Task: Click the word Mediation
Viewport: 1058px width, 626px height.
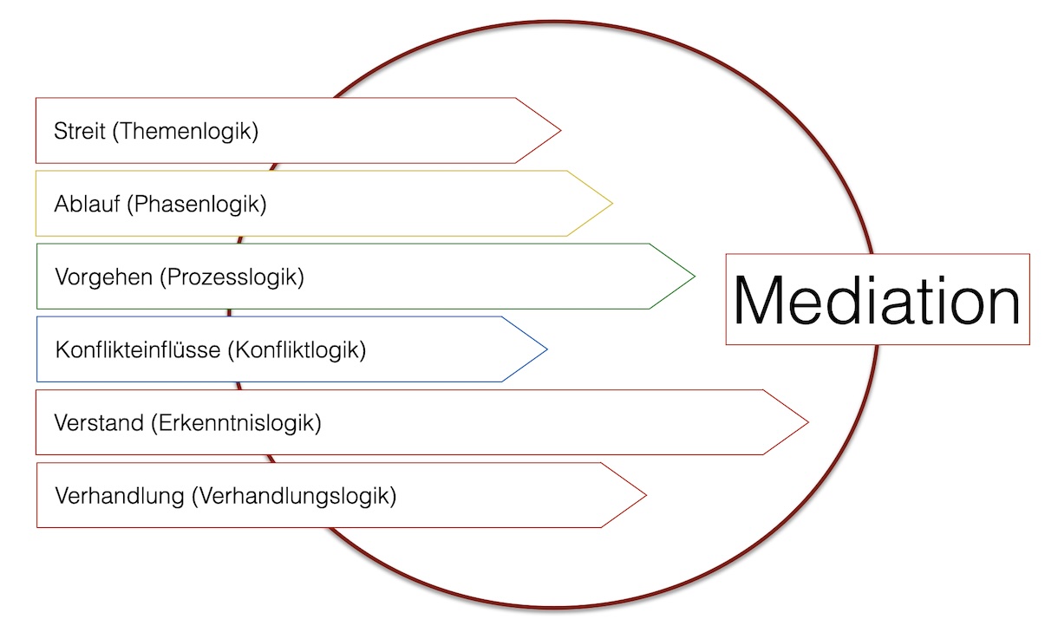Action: (877, 300)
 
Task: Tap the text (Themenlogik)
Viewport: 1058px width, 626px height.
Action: (186, 132)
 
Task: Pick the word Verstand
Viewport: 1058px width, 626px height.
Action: (98, 423)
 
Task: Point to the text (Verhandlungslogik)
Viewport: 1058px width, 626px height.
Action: (294, 497)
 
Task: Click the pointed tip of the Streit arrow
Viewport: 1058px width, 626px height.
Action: (559, 131)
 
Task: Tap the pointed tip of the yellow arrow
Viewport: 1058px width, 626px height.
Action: (611, 204)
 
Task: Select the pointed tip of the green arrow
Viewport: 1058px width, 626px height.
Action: (694, 277)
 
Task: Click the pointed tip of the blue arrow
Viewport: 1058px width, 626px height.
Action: (545, 349)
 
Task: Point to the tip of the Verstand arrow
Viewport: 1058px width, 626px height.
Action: (807, 422)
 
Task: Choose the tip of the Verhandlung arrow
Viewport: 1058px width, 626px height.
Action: (645, 495)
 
